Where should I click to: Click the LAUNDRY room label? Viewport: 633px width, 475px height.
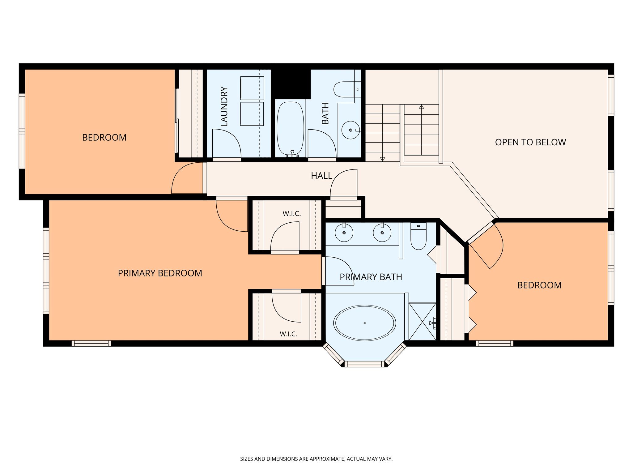pos(224,107)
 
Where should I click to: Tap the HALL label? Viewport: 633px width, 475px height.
pos(321,176)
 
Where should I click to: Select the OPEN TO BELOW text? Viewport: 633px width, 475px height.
pos(530,142)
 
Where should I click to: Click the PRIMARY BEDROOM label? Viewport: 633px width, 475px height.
pos(160,273)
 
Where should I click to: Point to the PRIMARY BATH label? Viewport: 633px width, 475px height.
pos(371,277)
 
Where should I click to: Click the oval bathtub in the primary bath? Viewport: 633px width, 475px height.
pos(365,323)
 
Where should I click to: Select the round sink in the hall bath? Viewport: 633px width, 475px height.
pos(351,130)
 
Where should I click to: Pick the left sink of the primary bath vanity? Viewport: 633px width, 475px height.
pos(344,233)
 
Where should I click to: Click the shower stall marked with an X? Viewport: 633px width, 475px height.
pos(422,322)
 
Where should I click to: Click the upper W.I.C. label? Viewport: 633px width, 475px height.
pos(291,214)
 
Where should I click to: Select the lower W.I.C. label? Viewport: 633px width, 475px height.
pos(288,334)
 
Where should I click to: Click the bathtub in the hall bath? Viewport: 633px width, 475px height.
pos(290,129)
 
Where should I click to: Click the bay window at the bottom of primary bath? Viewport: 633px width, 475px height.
pos(364,356)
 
